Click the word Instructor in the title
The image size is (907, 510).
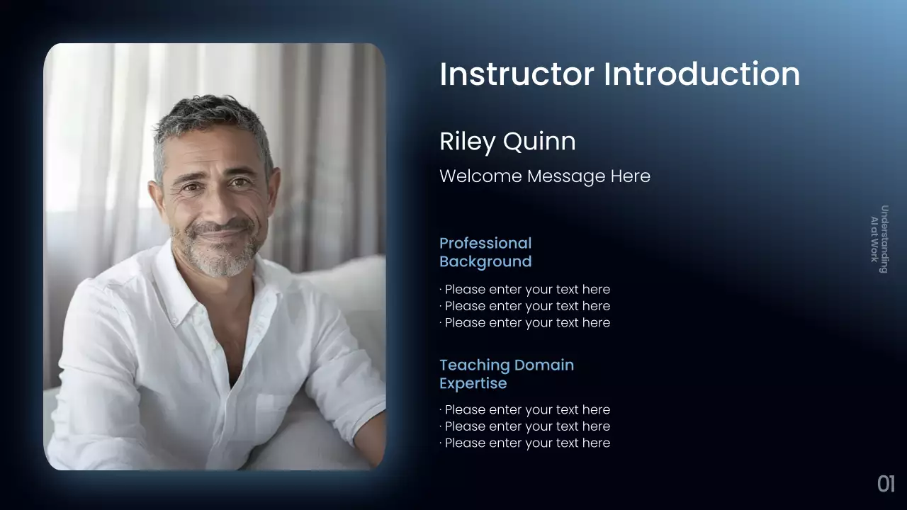tap(517, 74)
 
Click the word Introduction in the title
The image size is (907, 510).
tap(702, 74)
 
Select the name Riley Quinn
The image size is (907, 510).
tap(507, 142)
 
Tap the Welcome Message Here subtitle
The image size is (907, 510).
tap(545, 176)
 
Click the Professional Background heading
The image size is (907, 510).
tap(485, 253)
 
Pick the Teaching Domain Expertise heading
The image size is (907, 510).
tap(507, 375)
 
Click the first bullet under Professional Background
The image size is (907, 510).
tap(525, 290)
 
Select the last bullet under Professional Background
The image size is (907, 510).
tap(525, 322)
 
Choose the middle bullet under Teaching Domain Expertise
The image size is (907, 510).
tap(525, 426)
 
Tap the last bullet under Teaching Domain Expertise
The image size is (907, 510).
tap(525, 443)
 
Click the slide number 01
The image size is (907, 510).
tap(886, 484)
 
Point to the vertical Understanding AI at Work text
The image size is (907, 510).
tap(879, 239)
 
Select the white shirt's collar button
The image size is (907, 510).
tap(175, 321)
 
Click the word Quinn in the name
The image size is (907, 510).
tap(539, 142)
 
